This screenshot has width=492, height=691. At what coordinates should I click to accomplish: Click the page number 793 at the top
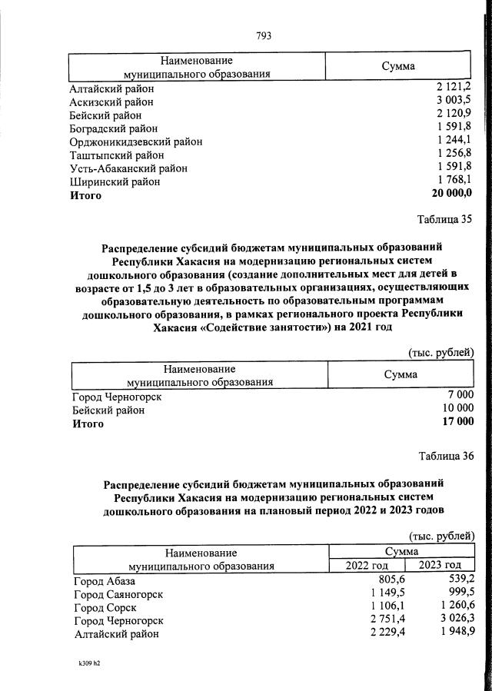264,35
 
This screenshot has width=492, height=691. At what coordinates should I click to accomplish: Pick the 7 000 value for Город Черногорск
458,396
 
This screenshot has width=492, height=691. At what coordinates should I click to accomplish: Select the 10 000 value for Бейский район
455,409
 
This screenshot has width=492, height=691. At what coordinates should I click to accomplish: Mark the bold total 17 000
455,422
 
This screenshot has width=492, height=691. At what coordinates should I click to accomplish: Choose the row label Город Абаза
105,581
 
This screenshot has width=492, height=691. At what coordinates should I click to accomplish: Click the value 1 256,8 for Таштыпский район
454,154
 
